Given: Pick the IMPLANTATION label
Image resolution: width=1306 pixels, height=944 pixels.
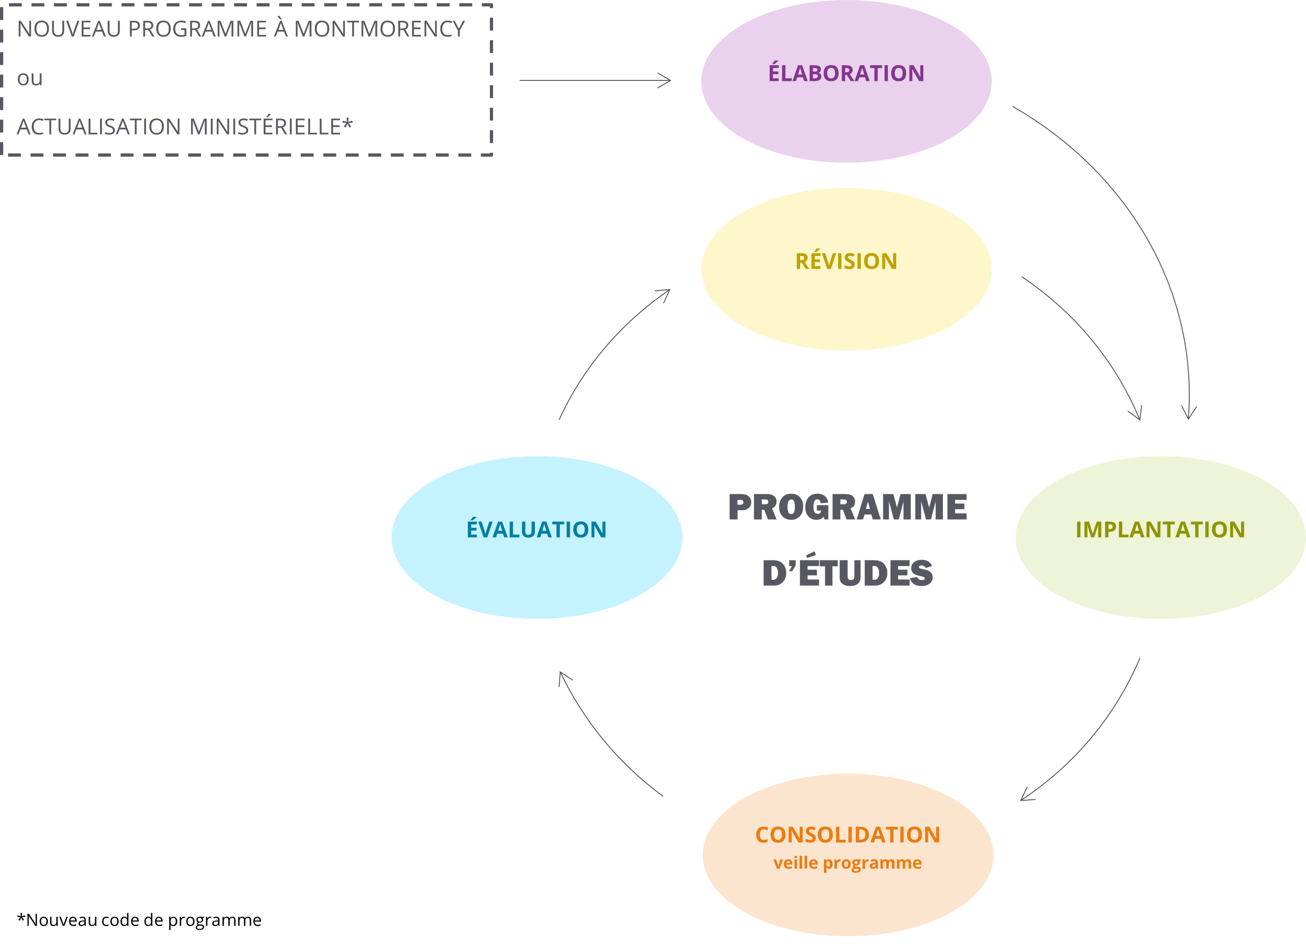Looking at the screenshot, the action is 1160,530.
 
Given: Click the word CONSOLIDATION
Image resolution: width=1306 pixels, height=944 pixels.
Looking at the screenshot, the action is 848,835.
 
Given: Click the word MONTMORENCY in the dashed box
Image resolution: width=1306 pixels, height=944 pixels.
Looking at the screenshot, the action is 380,29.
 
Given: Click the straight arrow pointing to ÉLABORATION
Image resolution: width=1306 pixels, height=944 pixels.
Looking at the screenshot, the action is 596,80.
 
